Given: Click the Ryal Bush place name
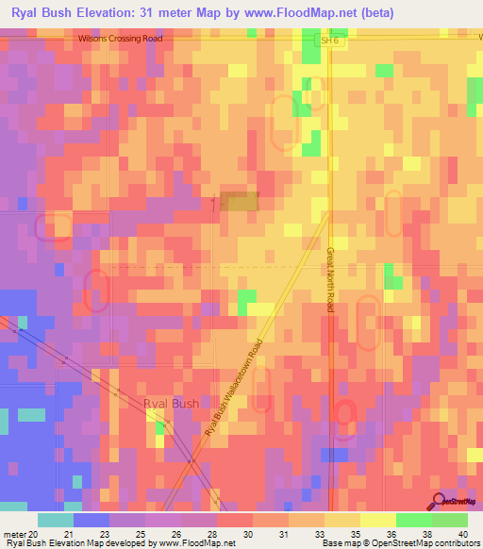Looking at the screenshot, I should coord(171,404).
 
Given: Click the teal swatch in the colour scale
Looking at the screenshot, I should coord(56,520).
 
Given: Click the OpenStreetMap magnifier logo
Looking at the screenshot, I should coord(439,500).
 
